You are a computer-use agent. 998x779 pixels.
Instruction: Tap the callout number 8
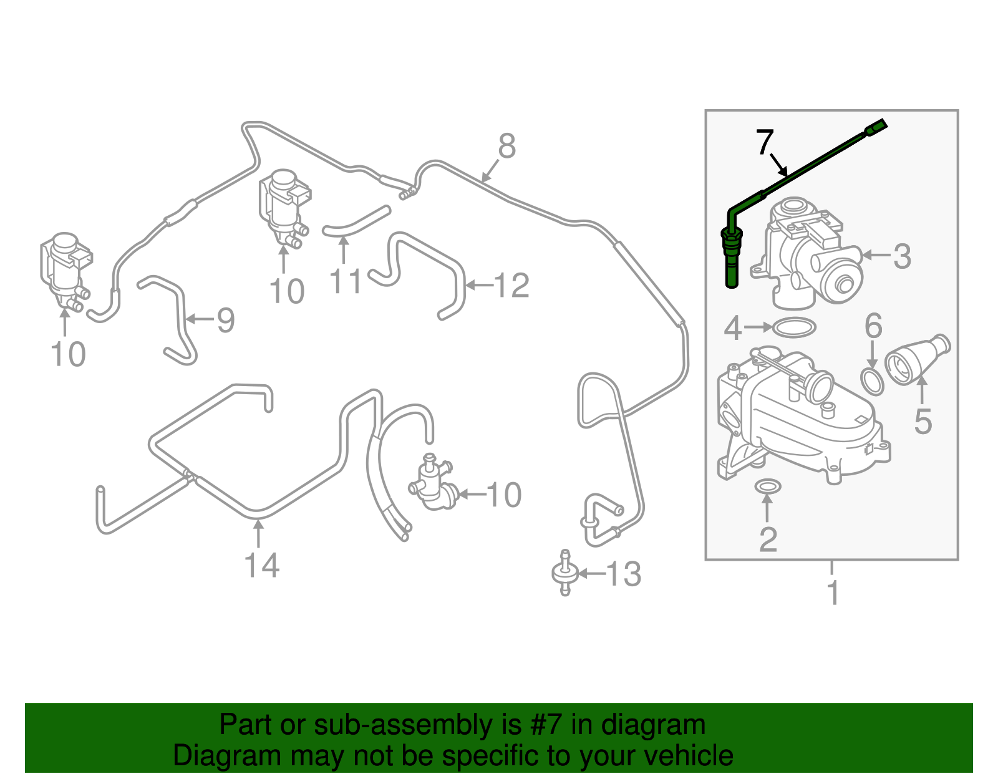point(507,147)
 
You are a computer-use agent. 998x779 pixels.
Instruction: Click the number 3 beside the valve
point(901,256)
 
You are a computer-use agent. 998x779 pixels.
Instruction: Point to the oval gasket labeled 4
point(793,327)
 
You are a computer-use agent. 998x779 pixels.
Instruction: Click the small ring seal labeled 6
point(872,382)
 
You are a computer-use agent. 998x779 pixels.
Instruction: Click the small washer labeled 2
point(767,486)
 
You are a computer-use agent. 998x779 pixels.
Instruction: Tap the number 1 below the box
point(833,593)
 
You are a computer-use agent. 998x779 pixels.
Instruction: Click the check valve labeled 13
point(564,573)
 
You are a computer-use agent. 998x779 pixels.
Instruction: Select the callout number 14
point(261,566)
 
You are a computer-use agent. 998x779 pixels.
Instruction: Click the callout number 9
point(225,320)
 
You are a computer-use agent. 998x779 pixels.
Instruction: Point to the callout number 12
point(511,286)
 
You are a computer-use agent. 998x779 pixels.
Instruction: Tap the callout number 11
point(345,282)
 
